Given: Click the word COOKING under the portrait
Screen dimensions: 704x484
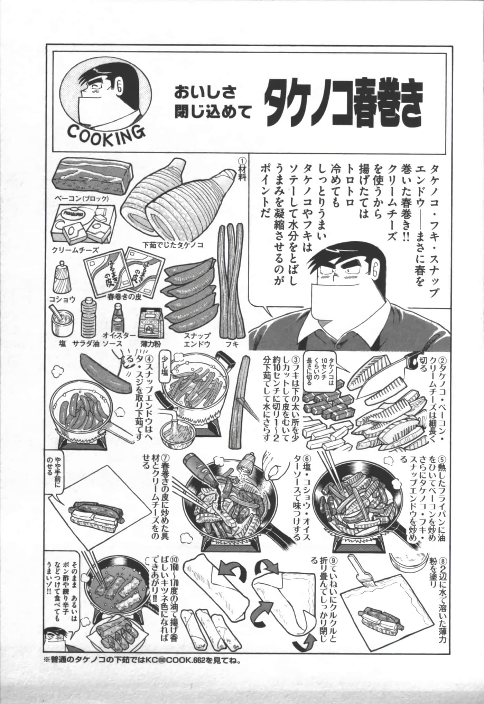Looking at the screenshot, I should pyautogui.click(x=105, y=131).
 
